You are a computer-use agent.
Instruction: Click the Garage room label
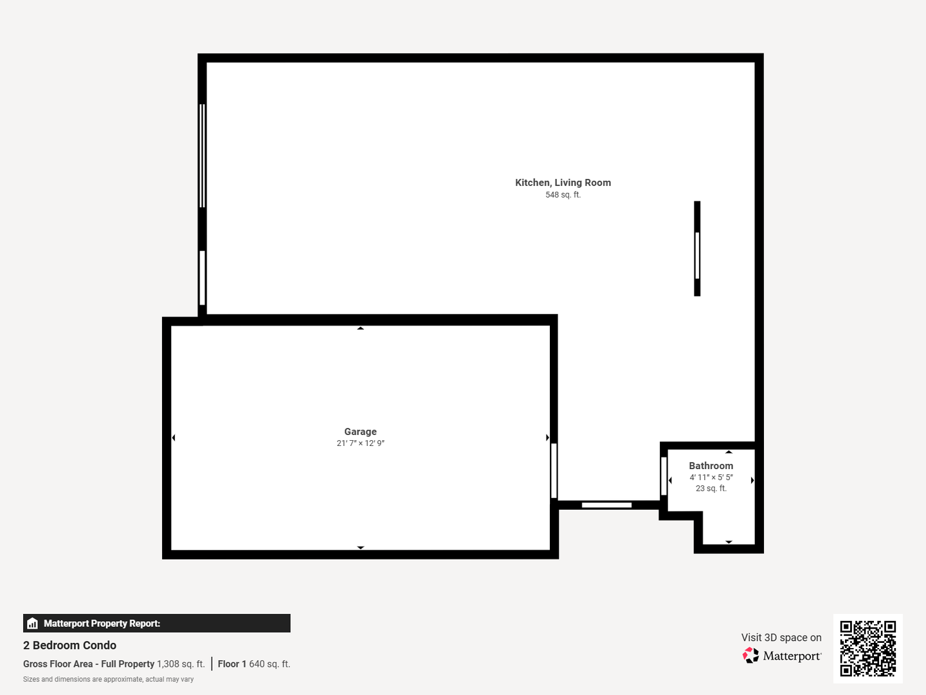[360, 432]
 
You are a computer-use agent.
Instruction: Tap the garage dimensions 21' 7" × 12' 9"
[360, 443]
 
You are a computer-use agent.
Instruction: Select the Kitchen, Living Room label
[563, 183]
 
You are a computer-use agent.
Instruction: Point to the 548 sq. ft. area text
[563, 195]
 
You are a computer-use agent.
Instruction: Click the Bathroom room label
[711, 466]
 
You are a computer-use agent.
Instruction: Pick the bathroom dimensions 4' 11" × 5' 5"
[711, 477]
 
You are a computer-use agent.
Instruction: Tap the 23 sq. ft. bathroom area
[711, 488]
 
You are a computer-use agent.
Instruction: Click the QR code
[867, 649]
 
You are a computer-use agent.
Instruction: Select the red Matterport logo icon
[750, 655]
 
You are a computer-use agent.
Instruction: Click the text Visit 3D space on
[781, 638]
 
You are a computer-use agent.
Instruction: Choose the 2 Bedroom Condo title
[69, 645]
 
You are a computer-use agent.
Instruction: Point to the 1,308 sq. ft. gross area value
[181, 663]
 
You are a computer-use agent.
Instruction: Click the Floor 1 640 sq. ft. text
[254, 663]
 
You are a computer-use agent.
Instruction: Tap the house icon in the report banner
[33, 624]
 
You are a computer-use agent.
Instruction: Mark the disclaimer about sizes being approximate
[109, 680]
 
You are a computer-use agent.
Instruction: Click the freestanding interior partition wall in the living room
[697, 248]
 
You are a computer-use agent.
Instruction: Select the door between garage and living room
[554, 470]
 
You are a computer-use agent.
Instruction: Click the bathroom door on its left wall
[664, 476]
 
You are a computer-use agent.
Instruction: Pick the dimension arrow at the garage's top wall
[360, 328]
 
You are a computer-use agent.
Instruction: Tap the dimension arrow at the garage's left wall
[174, 438]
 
